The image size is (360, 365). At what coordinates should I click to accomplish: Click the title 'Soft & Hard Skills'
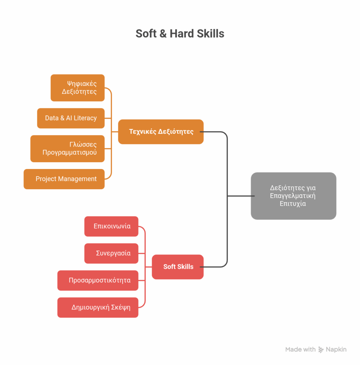pyautogui.click(x=180, y=34)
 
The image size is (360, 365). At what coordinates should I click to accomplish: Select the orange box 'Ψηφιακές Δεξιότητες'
pyautogui.click(x=78, y=88)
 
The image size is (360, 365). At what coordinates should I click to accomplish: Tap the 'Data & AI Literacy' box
pyautogui.click(x=71, y=118)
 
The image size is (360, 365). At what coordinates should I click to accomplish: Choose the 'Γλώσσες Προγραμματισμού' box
pyautogui.click(x=68, y=149)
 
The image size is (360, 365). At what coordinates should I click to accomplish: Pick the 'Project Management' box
pyautogui.click(x=64, y=179)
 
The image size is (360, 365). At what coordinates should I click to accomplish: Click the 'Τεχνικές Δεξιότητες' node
pyautogui.click(x=161, y=132)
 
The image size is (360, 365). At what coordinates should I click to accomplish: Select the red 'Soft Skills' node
pyautogui.click(x=178, y=267)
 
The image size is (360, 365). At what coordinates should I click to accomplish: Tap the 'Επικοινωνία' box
pyautogui.click(x=111, y=226)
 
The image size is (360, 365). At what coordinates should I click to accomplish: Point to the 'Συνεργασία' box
pyautogui.click(x=111, y=253)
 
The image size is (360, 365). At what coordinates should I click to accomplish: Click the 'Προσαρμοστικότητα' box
pyautogui.click(x=98, y=281)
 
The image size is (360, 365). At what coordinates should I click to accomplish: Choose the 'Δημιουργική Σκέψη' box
pyautogui.click(x=98, y=307)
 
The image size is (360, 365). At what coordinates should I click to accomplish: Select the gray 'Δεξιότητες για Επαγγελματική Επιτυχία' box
pyautogui.click(x=293, y=196)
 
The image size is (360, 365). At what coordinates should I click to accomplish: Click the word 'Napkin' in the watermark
pyautogui.click(x=336, y=350)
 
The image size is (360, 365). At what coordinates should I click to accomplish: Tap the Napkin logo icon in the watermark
pyautogui.click(x=321, y=350)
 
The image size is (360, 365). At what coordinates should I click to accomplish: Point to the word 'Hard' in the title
pyautogui.click(x=182, y=34)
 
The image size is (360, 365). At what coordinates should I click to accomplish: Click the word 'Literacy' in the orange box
pyautogui.click(x=85, y=118)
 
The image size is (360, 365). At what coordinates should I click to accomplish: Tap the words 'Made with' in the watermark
pyautogui.click(x=300, y=350)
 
